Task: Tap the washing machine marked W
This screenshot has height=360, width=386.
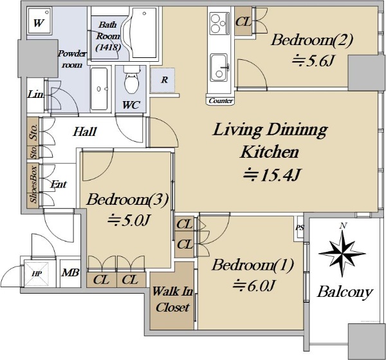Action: click(39, 21)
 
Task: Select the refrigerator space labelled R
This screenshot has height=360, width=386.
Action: click(163, 81)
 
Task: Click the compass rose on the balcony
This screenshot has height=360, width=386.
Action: click(342, 252)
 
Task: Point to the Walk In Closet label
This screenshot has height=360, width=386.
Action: click(172, 299)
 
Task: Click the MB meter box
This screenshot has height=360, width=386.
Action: click(70, 273)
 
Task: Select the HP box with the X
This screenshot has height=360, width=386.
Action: click(37, 274)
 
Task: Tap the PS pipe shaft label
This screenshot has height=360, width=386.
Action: click(300, 228)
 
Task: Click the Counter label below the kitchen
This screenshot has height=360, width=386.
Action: click(220, 100)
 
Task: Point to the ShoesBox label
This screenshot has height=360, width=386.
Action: click(33, 185)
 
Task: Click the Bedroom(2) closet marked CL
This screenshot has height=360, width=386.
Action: click(243, 22)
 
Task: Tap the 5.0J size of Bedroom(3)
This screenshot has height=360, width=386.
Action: click(129, 220)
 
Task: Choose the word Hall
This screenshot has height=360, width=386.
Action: click(85, 131)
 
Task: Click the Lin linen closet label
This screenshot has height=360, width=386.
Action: click(35, 94)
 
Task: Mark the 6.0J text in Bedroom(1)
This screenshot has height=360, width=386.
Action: click(253, 285)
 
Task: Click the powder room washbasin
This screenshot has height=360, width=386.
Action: click(99, 89)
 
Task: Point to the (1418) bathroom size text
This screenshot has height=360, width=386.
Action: click(108, 47)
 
